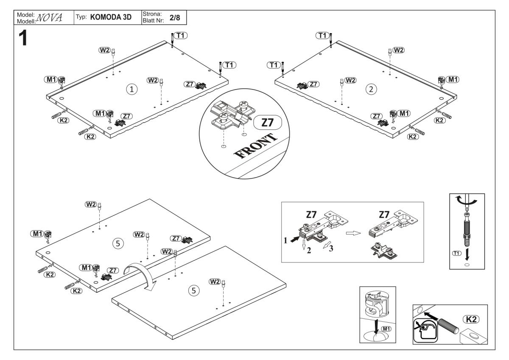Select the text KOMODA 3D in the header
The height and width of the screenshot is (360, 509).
point(112,17)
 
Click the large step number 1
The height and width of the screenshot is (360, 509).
point(23,39)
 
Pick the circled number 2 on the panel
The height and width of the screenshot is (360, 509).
point(372,89)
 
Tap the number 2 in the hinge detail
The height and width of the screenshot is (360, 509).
point(309,250)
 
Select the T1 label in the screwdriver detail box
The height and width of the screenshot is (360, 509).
point(457,253)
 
